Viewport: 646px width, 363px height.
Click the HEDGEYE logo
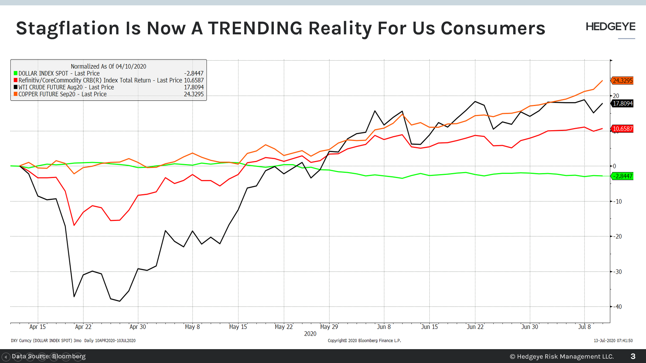coord(610,27)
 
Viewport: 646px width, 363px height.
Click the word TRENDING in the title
coord(255,28)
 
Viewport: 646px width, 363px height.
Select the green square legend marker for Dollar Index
coord(15,73)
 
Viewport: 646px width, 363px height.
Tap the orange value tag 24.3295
coord(622,81)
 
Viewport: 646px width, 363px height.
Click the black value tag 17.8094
coord(622,103)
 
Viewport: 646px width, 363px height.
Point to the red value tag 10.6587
coord(622,129)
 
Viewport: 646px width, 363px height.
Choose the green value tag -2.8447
coord(622,176)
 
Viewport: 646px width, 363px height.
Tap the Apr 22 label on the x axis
coord(83,327)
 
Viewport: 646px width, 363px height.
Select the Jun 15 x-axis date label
coord(429,327)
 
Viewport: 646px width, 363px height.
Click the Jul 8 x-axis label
coord(584,327)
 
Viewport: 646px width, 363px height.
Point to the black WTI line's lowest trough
coord(120,301)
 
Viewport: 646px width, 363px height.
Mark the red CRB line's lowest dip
coord(74,225)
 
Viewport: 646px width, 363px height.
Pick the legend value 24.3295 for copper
coord(194,94)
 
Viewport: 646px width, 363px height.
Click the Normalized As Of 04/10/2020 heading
coord(108,66)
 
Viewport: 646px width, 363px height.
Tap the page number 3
coord(633,356)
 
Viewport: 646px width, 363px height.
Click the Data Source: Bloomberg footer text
coord(49,356)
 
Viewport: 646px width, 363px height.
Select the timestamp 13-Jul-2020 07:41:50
coord(613,341)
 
